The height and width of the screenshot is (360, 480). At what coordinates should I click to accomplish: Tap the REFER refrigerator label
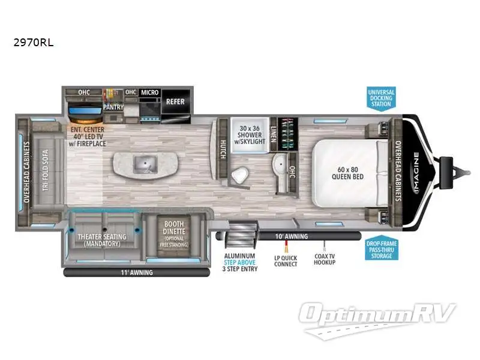[x=175, y=102]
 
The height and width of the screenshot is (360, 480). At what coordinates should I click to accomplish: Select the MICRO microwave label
[x=149, y=92]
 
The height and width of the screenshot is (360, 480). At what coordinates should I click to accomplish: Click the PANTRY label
[x=113, y=107]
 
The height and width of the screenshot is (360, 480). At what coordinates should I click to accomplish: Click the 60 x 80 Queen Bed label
[x=349, y=173]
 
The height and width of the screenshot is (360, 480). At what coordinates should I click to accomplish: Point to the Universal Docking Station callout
[x=380, y=97]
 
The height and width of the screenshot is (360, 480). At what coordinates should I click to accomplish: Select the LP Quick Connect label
[x=286, y=260]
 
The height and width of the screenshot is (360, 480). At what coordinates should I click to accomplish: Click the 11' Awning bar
[x=137, y=272]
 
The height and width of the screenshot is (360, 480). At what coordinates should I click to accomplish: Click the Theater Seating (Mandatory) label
[x=102, y=240]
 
